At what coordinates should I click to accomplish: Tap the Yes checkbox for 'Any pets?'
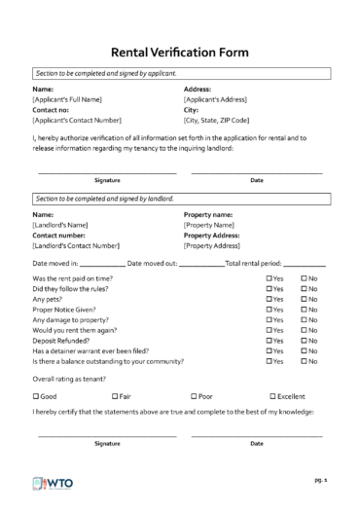(x=270, y=299)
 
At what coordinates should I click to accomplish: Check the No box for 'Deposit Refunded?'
(x=304, y=341)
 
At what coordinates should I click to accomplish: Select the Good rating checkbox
(x=36, y=396)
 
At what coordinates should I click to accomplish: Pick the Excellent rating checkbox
(x=272, y=396)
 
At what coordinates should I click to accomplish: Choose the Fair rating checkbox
(x=115, y=396)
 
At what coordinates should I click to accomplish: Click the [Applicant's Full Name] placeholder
(x=67, y=99)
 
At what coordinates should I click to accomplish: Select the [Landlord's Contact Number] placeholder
(x=76, y=245)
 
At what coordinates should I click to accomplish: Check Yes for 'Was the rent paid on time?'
(x=270, y=278)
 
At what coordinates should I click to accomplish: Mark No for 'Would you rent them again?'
(x=304, y=330)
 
